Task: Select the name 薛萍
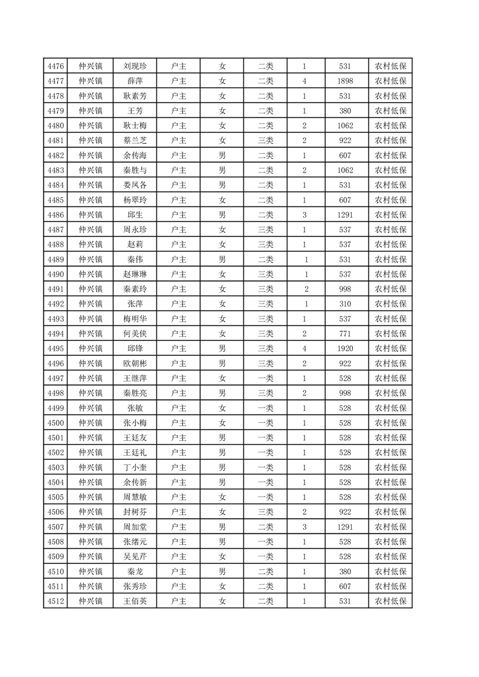[135, 81]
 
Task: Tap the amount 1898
[346, 81]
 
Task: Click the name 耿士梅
[135, 126]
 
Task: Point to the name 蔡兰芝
[135, 141]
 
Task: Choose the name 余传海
[135, 156]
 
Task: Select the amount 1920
[346, 349]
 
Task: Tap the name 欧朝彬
[135, 363]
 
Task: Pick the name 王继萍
[135, 378]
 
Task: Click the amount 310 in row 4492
[346, 304]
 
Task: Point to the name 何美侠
[135, 334]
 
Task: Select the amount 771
[346, 334]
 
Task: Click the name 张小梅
[135, 423]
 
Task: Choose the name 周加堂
[135, 527]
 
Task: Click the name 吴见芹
[135, 556]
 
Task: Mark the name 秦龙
[135, 571]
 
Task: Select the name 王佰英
[135, 601]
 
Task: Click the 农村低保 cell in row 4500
[390, 423]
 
